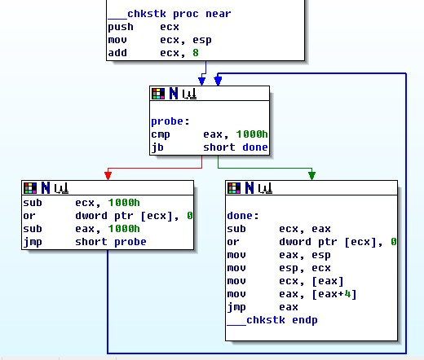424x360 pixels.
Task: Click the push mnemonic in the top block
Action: pyautogui.click(x=121, y=27)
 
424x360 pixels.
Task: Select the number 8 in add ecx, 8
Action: pyautogui.click(x=196, y=53)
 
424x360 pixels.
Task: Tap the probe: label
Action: pyautogui.click(x=170, y=121)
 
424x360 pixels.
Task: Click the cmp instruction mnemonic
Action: pyautogui.click(x=161, y=134)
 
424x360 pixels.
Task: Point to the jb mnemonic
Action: pyautogui.click(x=157, y=147)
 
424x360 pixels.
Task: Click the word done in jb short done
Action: pyautogui.click(x=255, y=147)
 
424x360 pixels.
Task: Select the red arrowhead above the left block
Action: pyautogui.click(x=108, y=175)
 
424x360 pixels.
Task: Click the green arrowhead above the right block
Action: pyautogui.click(x=312, y=175)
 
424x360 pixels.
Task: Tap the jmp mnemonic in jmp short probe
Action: pyautogui.click(x=33, y=242)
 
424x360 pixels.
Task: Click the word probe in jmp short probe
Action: pyautogui.click(x=130, y=242)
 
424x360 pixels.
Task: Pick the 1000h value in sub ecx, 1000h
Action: pyautogui.click(x=124, y=203)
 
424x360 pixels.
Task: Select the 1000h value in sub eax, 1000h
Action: pyautogui.click(x=124, y=229)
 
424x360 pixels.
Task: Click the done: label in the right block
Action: pyautogui.click(x=243, y=216)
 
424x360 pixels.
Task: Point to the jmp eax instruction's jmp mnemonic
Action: pyautogui.click(x=236, y=307)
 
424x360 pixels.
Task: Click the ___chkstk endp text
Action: pyautogui.click(x=272, y=320)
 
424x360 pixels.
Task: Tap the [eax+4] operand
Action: pyautogui.click(x=334, y=294)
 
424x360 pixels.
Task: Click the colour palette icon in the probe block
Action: pyautogui.click(x=158, y=94)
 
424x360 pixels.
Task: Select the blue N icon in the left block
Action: pyautogui.click(x=46, y=188)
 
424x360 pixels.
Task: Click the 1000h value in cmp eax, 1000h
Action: pyautogui.click(x=252, y=134)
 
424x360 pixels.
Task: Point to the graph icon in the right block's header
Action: pyautogui.click(x=265, y=188)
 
